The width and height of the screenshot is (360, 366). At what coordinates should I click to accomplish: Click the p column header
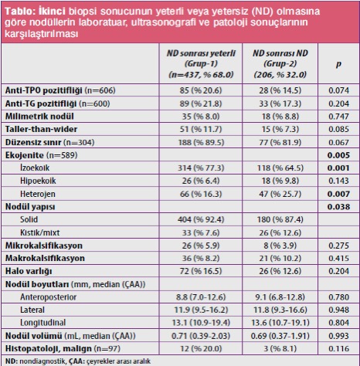pyautogui.click(x=338, y=64)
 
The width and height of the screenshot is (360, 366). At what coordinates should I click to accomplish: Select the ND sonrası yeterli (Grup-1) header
pyautogui.click(x=201, y=64)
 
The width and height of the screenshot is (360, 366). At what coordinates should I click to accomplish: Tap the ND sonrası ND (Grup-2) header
pyautogui.click(x=280, y=64)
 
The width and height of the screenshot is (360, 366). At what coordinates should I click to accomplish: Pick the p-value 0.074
pyautogui.click(x=338, y=90)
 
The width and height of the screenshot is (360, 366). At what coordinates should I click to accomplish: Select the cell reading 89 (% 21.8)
pyautogui.click(x=201, y=103)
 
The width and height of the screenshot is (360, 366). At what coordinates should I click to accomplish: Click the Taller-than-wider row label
pyautogui.click(x=41, y=129)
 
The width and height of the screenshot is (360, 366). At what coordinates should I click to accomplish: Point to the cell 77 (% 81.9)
pyautogui.click(x=280, y=142)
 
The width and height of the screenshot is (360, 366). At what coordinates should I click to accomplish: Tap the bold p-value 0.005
pyautogui.click(x=338, y=155)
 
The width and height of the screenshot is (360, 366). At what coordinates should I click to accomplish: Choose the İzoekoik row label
pyautogui.click(x=35, y=168)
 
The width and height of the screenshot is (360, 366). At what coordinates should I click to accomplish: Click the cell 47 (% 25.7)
pyautogui.click(x=280, y=194)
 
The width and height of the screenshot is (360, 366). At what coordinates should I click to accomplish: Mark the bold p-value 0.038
pyautogui.click(x=338, y=207)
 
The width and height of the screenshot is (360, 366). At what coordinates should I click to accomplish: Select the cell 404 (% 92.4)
pyautogui.click(x=201, y=219)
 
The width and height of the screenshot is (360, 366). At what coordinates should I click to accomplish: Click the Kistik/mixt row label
pyautogui.click(x=40, y=232)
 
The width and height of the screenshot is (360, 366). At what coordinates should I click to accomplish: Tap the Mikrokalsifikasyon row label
pyautogui.click(x=44, y=246)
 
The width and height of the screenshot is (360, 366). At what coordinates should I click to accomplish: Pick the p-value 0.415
pyautogui.click(x=338, y=258)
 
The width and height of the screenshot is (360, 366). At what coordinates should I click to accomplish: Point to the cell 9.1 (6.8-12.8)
pyautogui.click(x=280, y=297)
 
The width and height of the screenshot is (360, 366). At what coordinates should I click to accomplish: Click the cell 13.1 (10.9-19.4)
pyautogui.click(x=201, y=323)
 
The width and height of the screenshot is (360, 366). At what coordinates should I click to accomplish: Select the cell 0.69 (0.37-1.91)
pyautogui.click(x=280, y=336)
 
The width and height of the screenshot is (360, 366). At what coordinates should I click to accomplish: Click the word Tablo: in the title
pyautogui.click(x=20, y=11)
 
